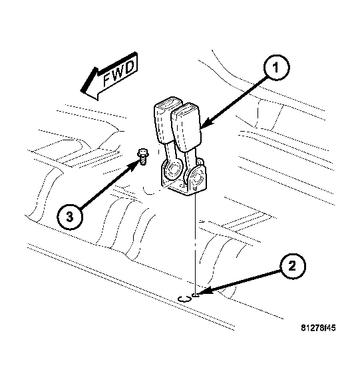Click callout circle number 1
[x=277, y=67]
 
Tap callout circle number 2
[x=292, y=266]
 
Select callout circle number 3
[x=70, y=217]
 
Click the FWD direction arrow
[x=109, y=76]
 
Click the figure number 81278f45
[x=318, y=328]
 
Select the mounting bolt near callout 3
[x=143, y=156]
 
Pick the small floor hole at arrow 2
[x=196, y=295]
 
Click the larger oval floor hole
[x=184, y=299]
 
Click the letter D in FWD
[x=130, y=66]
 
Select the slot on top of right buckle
[x=189, y=108]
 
